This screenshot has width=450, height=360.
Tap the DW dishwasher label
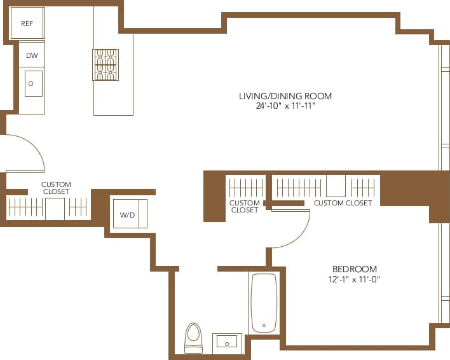[32, 56]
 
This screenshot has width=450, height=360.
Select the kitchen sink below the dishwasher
[33, 83]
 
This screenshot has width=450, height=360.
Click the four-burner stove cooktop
[106, 65]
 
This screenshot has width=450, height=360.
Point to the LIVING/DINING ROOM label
[285, 97]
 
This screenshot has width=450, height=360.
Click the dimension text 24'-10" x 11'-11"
[285, 106]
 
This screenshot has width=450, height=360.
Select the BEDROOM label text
[355, 269]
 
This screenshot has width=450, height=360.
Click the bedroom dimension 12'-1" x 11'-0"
[355, 279]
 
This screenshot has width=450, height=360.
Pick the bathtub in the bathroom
[264, 303]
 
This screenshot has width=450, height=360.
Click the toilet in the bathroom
[193, 336]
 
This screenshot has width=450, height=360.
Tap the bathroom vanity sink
[227, 342]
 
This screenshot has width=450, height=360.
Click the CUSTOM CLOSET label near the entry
[56, 188]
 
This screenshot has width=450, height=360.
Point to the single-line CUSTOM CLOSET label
[343, 203]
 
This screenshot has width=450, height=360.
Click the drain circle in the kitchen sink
[31, 83]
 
